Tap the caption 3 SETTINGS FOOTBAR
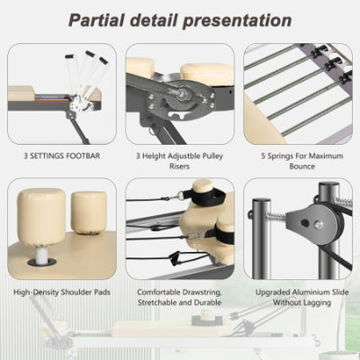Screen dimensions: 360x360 tap(61, 155)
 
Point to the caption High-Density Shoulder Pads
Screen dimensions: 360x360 tap(62, 292)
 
